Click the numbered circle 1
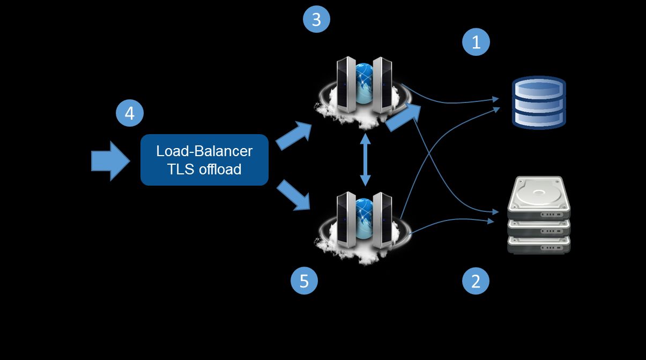pos(476,42)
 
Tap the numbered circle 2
pos(476,281)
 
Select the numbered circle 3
pos(316,20)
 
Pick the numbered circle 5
pos(304,281)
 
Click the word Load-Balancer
pos(204,151)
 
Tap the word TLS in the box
pos(179,170)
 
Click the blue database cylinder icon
pos(539,102)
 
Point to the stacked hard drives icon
pos(538,215)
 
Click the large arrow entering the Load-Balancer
pos(110,161)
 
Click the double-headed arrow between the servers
pos(366,160)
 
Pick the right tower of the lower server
pos(382,221)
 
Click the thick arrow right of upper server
pos(403,117)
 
